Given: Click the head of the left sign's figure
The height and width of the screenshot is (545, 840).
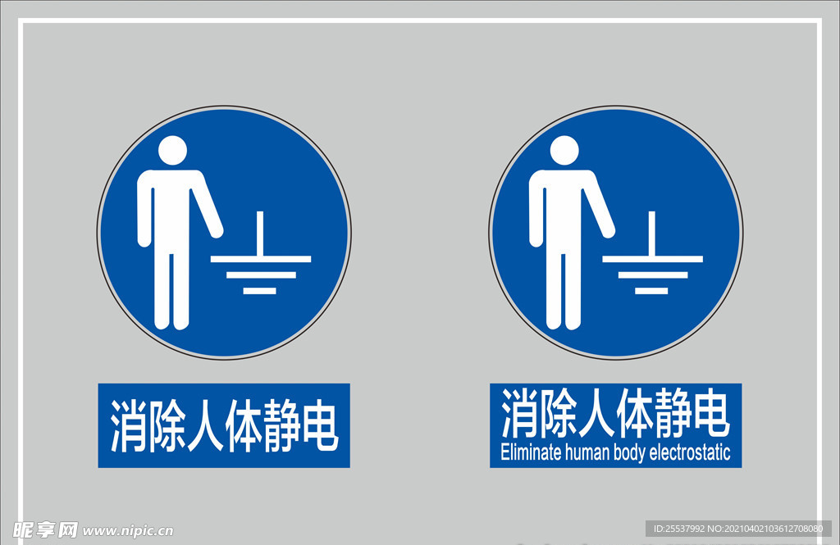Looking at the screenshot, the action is (x=172, y=151).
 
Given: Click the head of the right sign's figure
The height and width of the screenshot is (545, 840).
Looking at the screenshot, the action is (x=564, y=151).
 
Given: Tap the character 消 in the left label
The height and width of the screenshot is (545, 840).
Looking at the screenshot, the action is (x=129, y=426).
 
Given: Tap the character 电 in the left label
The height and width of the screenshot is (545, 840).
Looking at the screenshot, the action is (x=320, y=426).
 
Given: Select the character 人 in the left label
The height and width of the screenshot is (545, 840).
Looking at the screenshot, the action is (x=205, y=426).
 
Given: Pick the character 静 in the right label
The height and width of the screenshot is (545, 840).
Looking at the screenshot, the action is (x=673, y=413).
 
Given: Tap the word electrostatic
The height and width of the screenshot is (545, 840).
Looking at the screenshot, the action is (x=690, y=452).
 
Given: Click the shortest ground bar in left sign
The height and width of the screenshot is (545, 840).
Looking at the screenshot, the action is (x=260, y=291).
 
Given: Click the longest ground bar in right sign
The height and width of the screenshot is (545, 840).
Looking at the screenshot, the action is (x=652, y=259).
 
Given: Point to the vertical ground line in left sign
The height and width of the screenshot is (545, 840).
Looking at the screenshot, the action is (x=260, y=234).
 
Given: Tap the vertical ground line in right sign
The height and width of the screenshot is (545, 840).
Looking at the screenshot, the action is (x=652, y=234).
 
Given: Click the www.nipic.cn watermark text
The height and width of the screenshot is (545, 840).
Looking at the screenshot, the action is (x=127, y=531).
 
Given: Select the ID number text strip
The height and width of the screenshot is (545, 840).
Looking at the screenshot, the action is (x=738, y=529).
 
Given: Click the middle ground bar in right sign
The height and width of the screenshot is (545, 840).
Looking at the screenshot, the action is (x=653, y=275).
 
